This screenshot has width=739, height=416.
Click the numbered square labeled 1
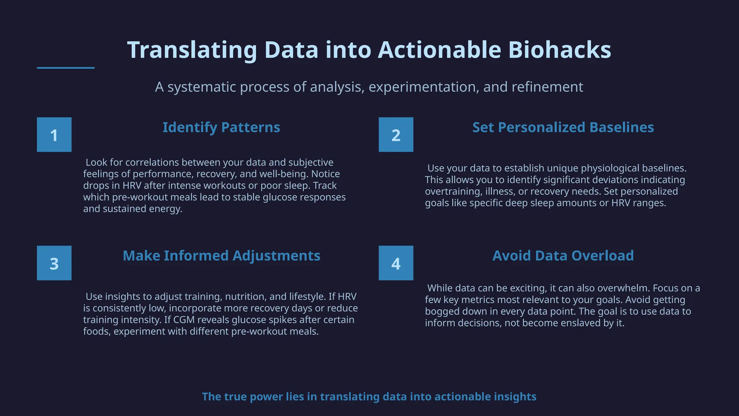(54, 135)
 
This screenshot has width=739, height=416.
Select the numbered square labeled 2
(396, 135)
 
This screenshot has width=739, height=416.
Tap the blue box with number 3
(54, 263)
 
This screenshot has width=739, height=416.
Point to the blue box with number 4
(396, 263)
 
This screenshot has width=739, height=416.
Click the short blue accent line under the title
(66, 68)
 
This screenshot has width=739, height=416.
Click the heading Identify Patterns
(221, 127)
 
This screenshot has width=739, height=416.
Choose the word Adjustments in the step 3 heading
(276, 256)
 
